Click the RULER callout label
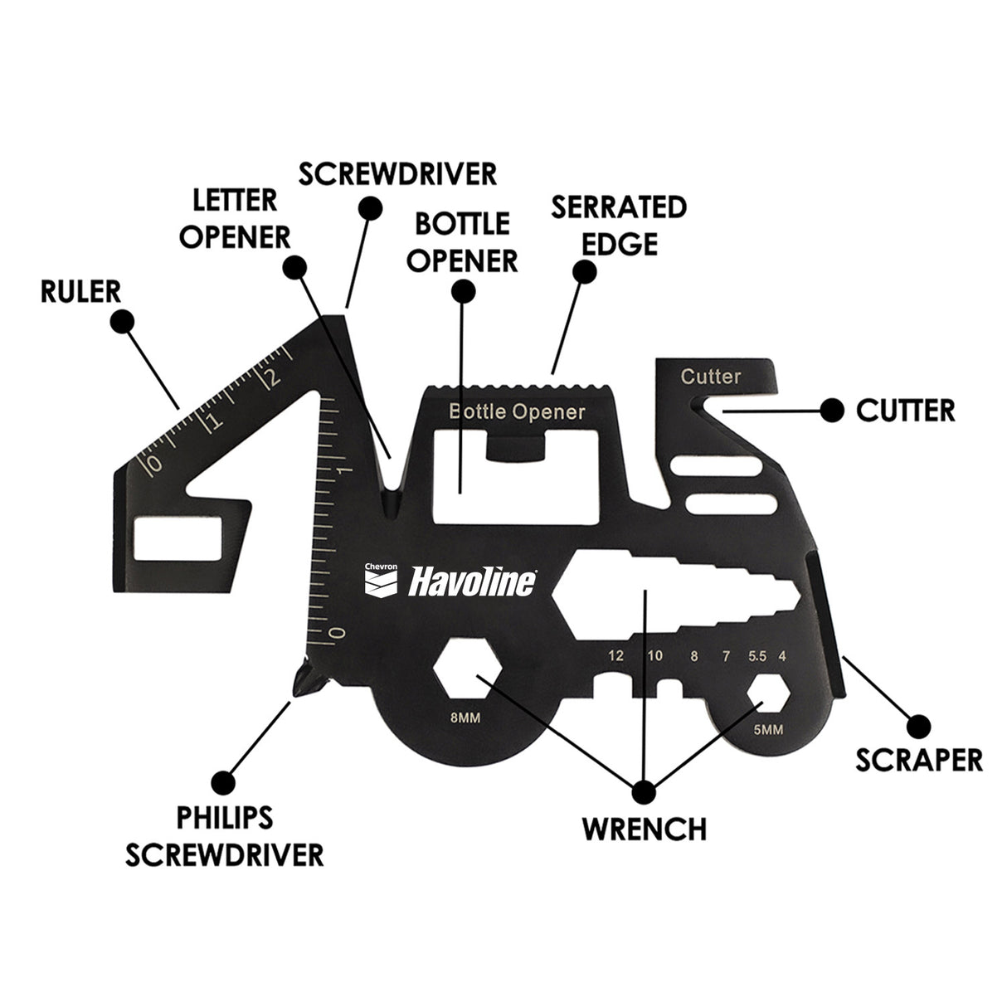pos(80,291)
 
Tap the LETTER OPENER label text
pos(236,218)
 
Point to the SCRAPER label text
pos(919,759)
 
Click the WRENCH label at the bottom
pos(644,828)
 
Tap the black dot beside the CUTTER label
pos(831,410)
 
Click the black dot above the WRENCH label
pos(644,791)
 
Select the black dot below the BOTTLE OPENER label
pos(463,291)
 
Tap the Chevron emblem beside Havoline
pos(382,580)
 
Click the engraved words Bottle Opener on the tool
pos(517,411)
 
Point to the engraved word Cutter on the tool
pos(711,377)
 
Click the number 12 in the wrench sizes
pos(615,656)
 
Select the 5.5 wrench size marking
pos(756,656)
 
